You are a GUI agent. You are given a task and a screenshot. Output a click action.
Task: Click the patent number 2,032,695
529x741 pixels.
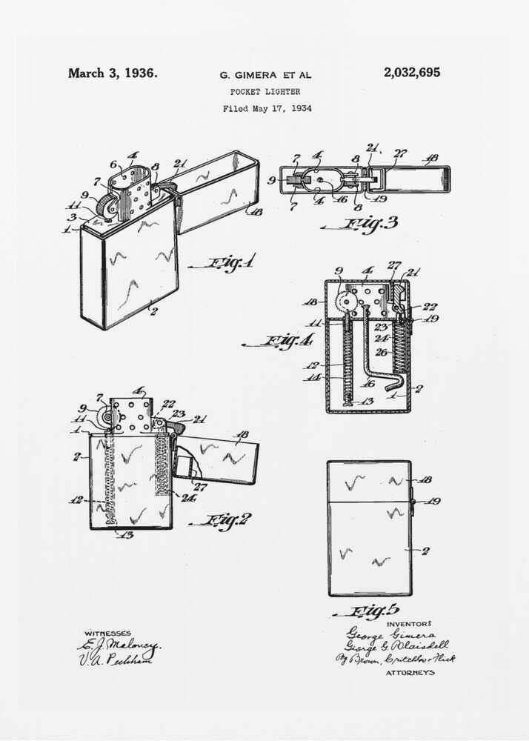click(411, 73)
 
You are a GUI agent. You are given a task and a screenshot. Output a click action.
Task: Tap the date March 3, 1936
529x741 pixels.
click(113, 73)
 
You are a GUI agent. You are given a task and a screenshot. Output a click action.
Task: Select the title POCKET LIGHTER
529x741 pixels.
click(264, 92)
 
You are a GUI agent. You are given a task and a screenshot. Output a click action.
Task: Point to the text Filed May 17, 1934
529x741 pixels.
click(267, 108)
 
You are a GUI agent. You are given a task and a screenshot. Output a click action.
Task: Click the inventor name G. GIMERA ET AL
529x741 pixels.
click(265, 76)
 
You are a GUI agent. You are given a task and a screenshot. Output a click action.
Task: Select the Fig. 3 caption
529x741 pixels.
click(362, 223)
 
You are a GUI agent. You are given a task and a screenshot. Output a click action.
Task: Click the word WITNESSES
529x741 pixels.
click(107, 634)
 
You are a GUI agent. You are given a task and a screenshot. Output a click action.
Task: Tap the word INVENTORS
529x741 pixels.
click(408, 624)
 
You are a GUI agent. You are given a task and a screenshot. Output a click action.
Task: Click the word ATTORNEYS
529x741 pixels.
click(410, 673)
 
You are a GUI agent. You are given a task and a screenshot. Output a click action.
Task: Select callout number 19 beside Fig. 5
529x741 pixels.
click(433, 501)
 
